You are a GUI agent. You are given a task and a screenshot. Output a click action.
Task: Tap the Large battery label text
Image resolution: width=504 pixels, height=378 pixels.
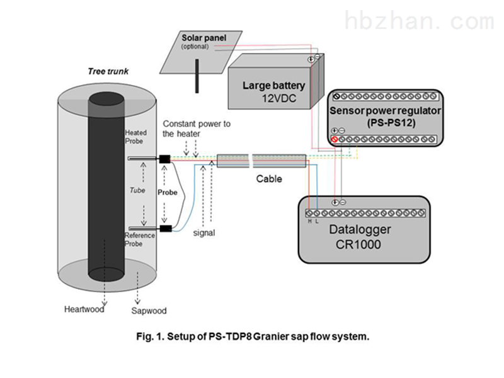(274, 86)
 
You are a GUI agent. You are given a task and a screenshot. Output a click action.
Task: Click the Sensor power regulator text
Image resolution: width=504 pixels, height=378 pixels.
(386, 110)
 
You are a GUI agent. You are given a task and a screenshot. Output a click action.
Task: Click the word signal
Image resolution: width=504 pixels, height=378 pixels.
(204, 233)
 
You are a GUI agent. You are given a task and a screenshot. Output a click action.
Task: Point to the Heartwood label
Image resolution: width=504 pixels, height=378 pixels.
(84, 309)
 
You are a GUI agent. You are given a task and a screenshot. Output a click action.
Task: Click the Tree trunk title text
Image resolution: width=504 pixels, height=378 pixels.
(108, 71)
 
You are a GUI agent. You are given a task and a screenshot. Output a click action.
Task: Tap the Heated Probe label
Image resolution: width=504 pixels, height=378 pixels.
(135, 137)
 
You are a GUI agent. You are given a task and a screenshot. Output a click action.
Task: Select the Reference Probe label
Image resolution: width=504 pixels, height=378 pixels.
(139, 239)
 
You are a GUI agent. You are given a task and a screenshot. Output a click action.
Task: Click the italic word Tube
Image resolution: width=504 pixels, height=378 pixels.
(137, 189)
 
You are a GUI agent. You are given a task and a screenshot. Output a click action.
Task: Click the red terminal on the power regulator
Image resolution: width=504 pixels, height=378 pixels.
(335, 139)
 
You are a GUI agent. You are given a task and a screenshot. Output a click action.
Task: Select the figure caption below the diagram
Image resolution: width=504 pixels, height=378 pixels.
(252, 336)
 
